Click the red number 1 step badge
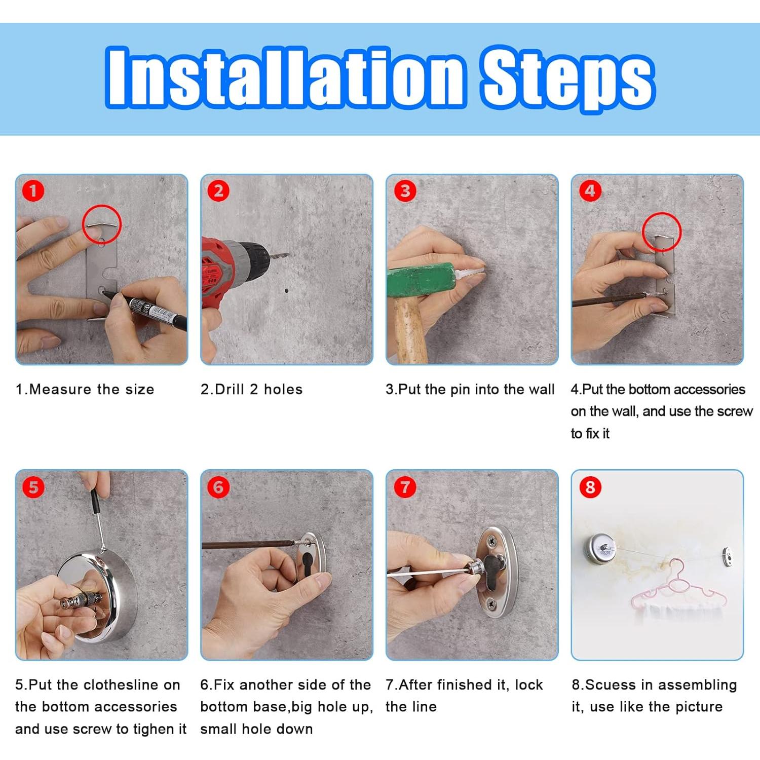[33, 191]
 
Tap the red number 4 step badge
[590, 191]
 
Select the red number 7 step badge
[405, 487]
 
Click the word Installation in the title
[285, 78]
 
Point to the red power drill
[238, 274]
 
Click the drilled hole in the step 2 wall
[287, 291]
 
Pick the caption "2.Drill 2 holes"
[251, 389]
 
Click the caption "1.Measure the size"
[85, 389]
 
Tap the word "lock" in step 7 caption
[529, 685]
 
